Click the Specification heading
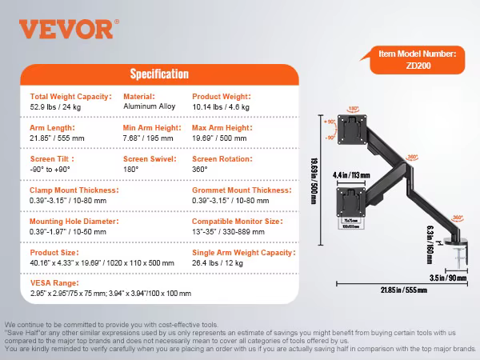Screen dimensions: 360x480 tap(159, 74)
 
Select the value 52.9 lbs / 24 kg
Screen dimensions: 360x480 tap(60, 106)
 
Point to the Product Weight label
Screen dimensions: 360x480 tap(222, 96)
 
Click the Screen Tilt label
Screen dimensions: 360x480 tap(49, 158)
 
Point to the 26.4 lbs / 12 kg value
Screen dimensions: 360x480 tap(218, 262)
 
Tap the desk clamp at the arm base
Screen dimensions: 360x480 tap(461, 255)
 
